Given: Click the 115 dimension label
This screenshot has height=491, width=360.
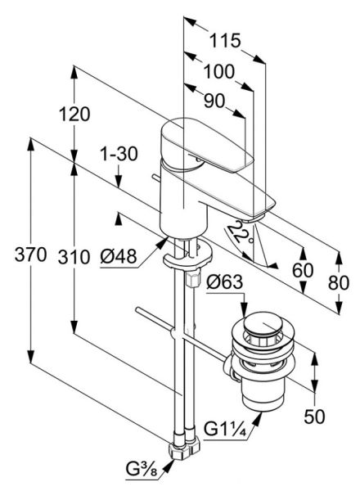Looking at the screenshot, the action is (225, 41).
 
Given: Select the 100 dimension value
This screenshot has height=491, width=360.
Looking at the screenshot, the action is (219, 72).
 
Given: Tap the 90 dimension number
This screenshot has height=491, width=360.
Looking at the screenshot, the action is (214, 101).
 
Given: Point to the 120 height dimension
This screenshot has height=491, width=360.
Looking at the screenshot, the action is (74, 114).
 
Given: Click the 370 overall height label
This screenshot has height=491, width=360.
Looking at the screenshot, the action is (30, 255).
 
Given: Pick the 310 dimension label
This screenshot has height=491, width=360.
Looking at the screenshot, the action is (74, 257).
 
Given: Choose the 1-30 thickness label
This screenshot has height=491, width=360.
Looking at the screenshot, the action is (119, 154).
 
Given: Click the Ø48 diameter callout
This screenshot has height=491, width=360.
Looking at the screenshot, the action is (119, 256).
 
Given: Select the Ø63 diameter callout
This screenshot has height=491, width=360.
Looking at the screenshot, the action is (224, 282).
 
